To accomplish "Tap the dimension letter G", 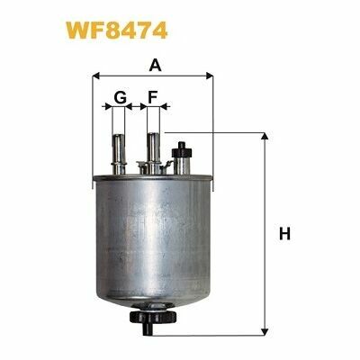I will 119,97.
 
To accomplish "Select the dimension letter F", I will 153,97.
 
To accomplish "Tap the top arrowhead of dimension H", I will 265,138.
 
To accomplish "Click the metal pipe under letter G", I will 119,148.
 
